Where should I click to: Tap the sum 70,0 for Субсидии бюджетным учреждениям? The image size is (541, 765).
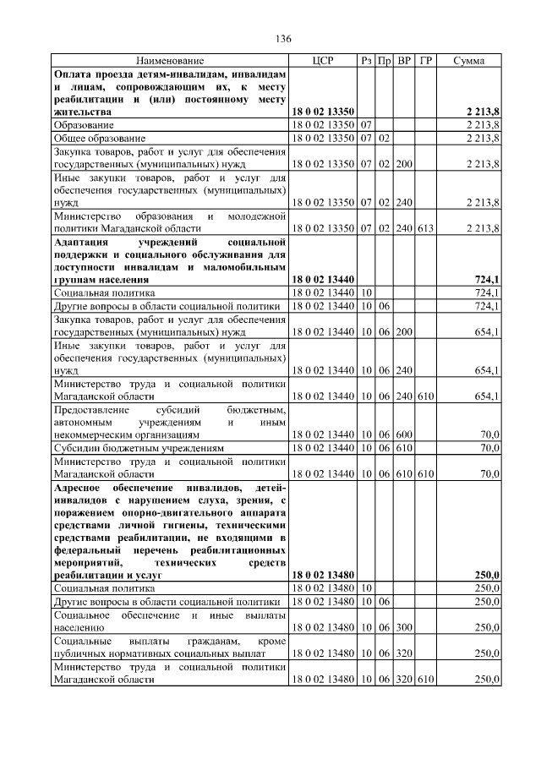pyautogui.click(x=489, y=447)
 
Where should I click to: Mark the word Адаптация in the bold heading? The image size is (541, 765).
pyautogui.click(x=84, y=242)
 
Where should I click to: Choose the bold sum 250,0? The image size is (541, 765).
pyautogui.click(x=486, y=575)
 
